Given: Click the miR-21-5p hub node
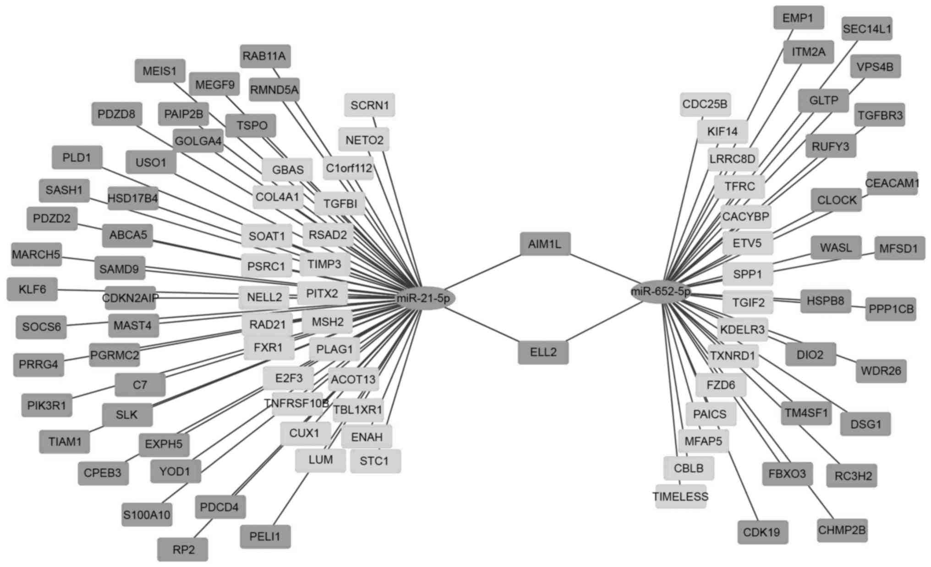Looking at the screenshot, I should [426, 298].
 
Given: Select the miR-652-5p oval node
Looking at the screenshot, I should [660, 292].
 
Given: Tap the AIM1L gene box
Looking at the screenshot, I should [545, 243].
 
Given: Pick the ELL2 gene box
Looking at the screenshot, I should [543, 352].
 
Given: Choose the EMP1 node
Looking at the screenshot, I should [798, 18].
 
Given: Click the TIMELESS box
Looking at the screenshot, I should [680, 496].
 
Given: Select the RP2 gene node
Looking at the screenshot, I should [183, 549].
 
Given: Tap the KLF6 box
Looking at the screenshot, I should [32, 289].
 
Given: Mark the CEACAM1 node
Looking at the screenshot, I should [892, 183].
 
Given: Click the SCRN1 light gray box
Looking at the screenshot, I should [369, 105].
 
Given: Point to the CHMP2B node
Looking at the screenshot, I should [842, 530].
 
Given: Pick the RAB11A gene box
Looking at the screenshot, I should [264, 56].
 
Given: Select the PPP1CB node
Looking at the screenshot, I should [891, 309].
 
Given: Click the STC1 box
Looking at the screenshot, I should [374, 461].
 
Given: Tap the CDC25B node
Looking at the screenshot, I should [705, 104].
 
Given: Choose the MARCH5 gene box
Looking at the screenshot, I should [36, 254].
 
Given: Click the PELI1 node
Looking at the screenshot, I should [265, 536].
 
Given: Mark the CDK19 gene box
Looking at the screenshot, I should [762, 532].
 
